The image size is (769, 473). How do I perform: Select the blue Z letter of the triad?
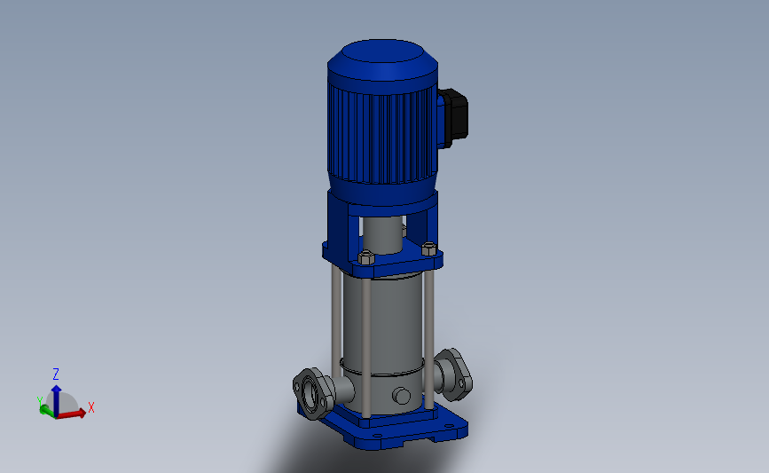tap(56, 374)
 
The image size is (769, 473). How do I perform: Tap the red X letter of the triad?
tap(90, 407)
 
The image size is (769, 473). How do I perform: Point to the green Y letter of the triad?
tap(40, 401)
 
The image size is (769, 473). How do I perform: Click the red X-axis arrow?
tap(72, 414)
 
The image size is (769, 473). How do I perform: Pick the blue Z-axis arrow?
tap(57, 400)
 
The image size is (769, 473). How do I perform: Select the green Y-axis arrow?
tap(47, 411)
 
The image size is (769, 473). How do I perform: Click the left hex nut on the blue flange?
tap(366, 257)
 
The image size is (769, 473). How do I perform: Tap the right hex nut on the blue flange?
tap(429, 248)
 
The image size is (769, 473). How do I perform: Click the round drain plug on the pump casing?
tap(402, 396)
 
